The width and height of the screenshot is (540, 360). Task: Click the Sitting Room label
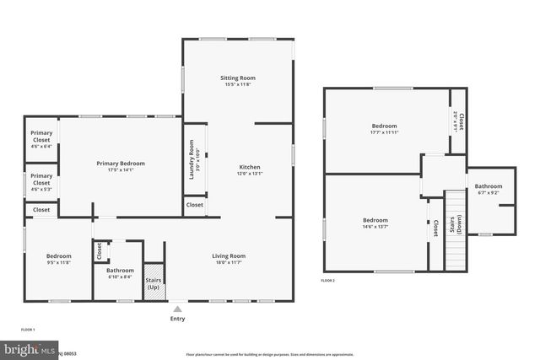tap(239, 78)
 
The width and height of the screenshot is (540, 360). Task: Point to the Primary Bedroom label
tap(121, 164)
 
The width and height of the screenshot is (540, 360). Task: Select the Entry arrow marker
tap(177, 309)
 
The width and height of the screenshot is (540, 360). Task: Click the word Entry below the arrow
tap(177, 319)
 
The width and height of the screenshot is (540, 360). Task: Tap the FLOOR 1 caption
tap(28, 329)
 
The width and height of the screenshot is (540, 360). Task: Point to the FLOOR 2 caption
tap(328, 280)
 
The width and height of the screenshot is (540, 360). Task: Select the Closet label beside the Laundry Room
tap(194, 205)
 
